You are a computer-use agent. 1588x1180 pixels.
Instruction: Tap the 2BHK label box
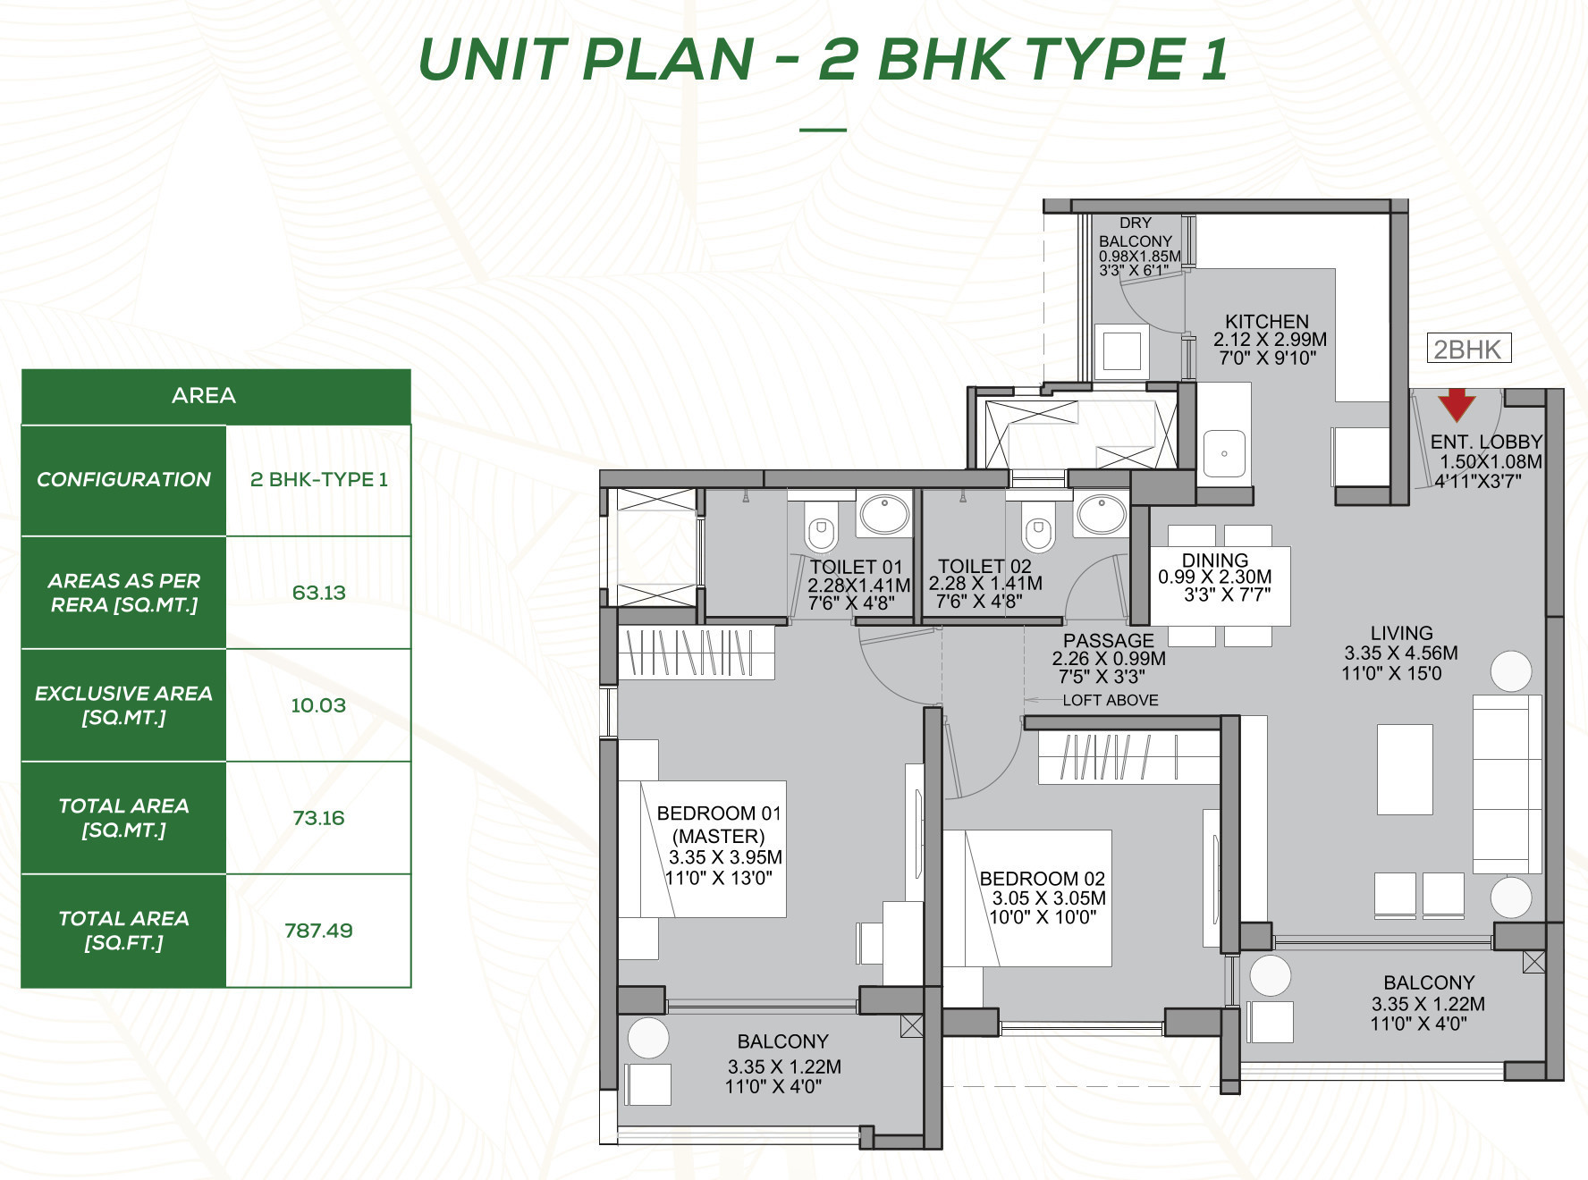point(1469,349)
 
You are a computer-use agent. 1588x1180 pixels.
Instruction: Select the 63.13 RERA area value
point(318,593)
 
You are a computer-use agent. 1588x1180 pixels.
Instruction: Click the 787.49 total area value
point(318,931)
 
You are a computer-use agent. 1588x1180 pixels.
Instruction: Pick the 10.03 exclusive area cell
point(318,705)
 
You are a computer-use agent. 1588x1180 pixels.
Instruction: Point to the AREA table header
point(204,395)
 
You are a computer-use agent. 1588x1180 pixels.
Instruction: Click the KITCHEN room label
point(1267,322)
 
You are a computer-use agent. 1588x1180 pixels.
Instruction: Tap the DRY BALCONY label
point(1136,232)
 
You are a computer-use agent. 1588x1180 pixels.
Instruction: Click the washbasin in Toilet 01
point(884,514)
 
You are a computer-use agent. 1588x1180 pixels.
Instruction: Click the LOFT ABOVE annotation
point(1111,700)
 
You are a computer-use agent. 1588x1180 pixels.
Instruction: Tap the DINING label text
point(1215,560)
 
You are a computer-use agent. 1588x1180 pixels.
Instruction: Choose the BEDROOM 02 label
point(1043,879)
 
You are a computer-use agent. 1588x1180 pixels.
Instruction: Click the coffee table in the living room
point(1405,769)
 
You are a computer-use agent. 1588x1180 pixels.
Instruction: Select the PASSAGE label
point(1109,641)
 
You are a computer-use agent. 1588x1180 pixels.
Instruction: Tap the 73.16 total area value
point(318,818)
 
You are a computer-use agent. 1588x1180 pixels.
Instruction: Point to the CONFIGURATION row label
point(123,479)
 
